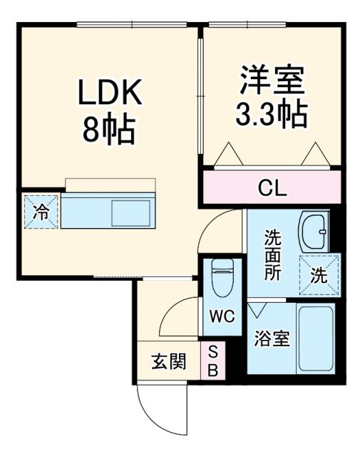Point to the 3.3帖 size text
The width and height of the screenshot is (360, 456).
tap(272, 114)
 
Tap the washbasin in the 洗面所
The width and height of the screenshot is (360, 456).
tap(313, 229)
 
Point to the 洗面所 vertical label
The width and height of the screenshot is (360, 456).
tap(273, 254)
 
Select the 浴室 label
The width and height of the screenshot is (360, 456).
tap(272, 339)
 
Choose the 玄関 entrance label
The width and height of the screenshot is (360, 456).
tap(168, 361)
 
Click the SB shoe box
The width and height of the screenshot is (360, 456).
tap(213, 361)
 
